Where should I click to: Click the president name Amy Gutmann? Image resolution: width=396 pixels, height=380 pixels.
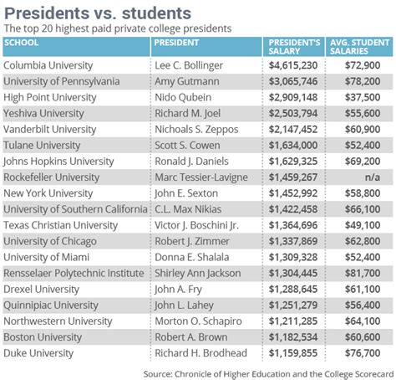185,81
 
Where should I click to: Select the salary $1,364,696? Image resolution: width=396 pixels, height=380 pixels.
292,225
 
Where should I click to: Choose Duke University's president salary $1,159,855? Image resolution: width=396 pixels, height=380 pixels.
292,353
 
